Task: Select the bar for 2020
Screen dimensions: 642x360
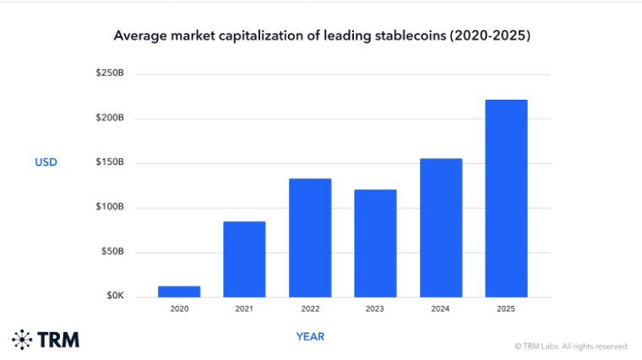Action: (179, 292)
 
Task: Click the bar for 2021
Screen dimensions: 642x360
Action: (244, 259)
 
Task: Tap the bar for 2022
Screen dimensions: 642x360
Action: (310, 238)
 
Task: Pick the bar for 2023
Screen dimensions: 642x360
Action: (375, 243)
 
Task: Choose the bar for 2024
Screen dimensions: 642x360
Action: (441, 227)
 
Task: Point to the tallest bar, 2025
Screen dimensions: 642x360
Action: (507, 199)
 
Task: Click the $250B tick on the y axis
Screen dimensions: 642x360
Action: (110, 73)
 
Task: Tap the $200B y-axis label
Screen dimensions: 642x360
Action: (110, 117)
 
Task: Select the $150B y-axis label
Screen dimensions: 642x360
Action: (110, 161)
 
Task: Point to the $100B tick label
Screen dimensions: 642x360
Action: (110, 206)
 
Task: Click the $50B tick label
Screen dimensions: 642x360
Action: (112, 251)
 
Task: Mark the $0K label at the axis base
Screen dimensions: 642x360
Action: (115, 295)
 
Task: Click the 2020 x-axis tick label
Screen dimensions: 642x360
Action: (179, 308)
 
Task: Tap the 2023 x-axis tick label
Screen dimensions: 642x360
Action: (374, 308)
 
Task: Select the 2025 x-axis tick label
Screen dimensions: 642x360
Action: (506, 308)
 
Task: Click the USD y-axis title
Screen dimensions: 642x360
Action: (46, 162)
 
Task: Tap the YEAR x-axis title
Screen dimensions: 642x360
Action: (310, 336)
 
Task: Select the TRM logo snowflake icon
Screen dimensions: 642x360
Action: (22, 340)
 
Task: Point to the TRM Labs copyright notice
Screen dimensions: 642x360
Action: (572, 346)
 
